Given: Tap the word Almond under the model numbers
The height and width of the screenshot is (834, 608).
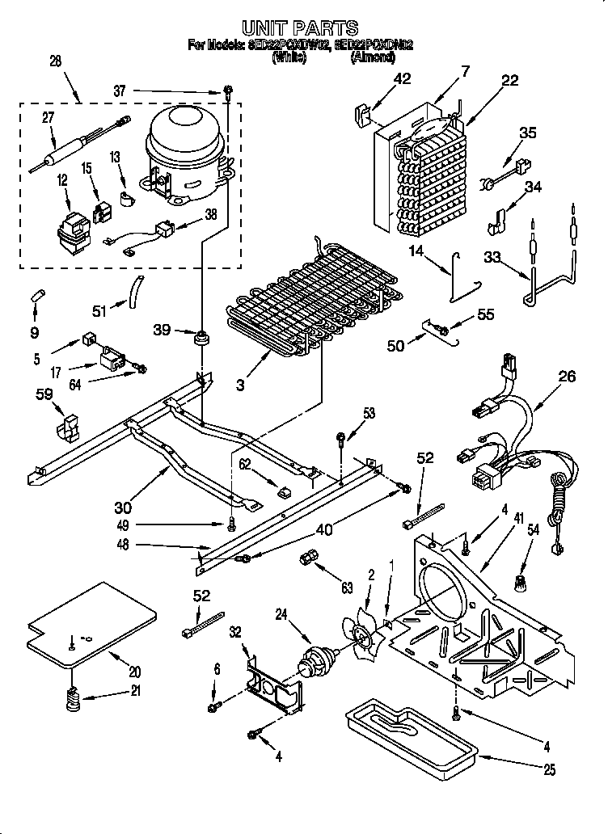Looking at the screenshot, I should [372, 58].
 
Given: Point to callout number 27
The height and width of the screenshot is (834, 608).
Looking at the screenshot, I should [48, 117].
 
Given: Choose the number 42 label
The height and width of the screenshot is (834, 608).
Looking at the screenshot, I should [402, 78].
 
